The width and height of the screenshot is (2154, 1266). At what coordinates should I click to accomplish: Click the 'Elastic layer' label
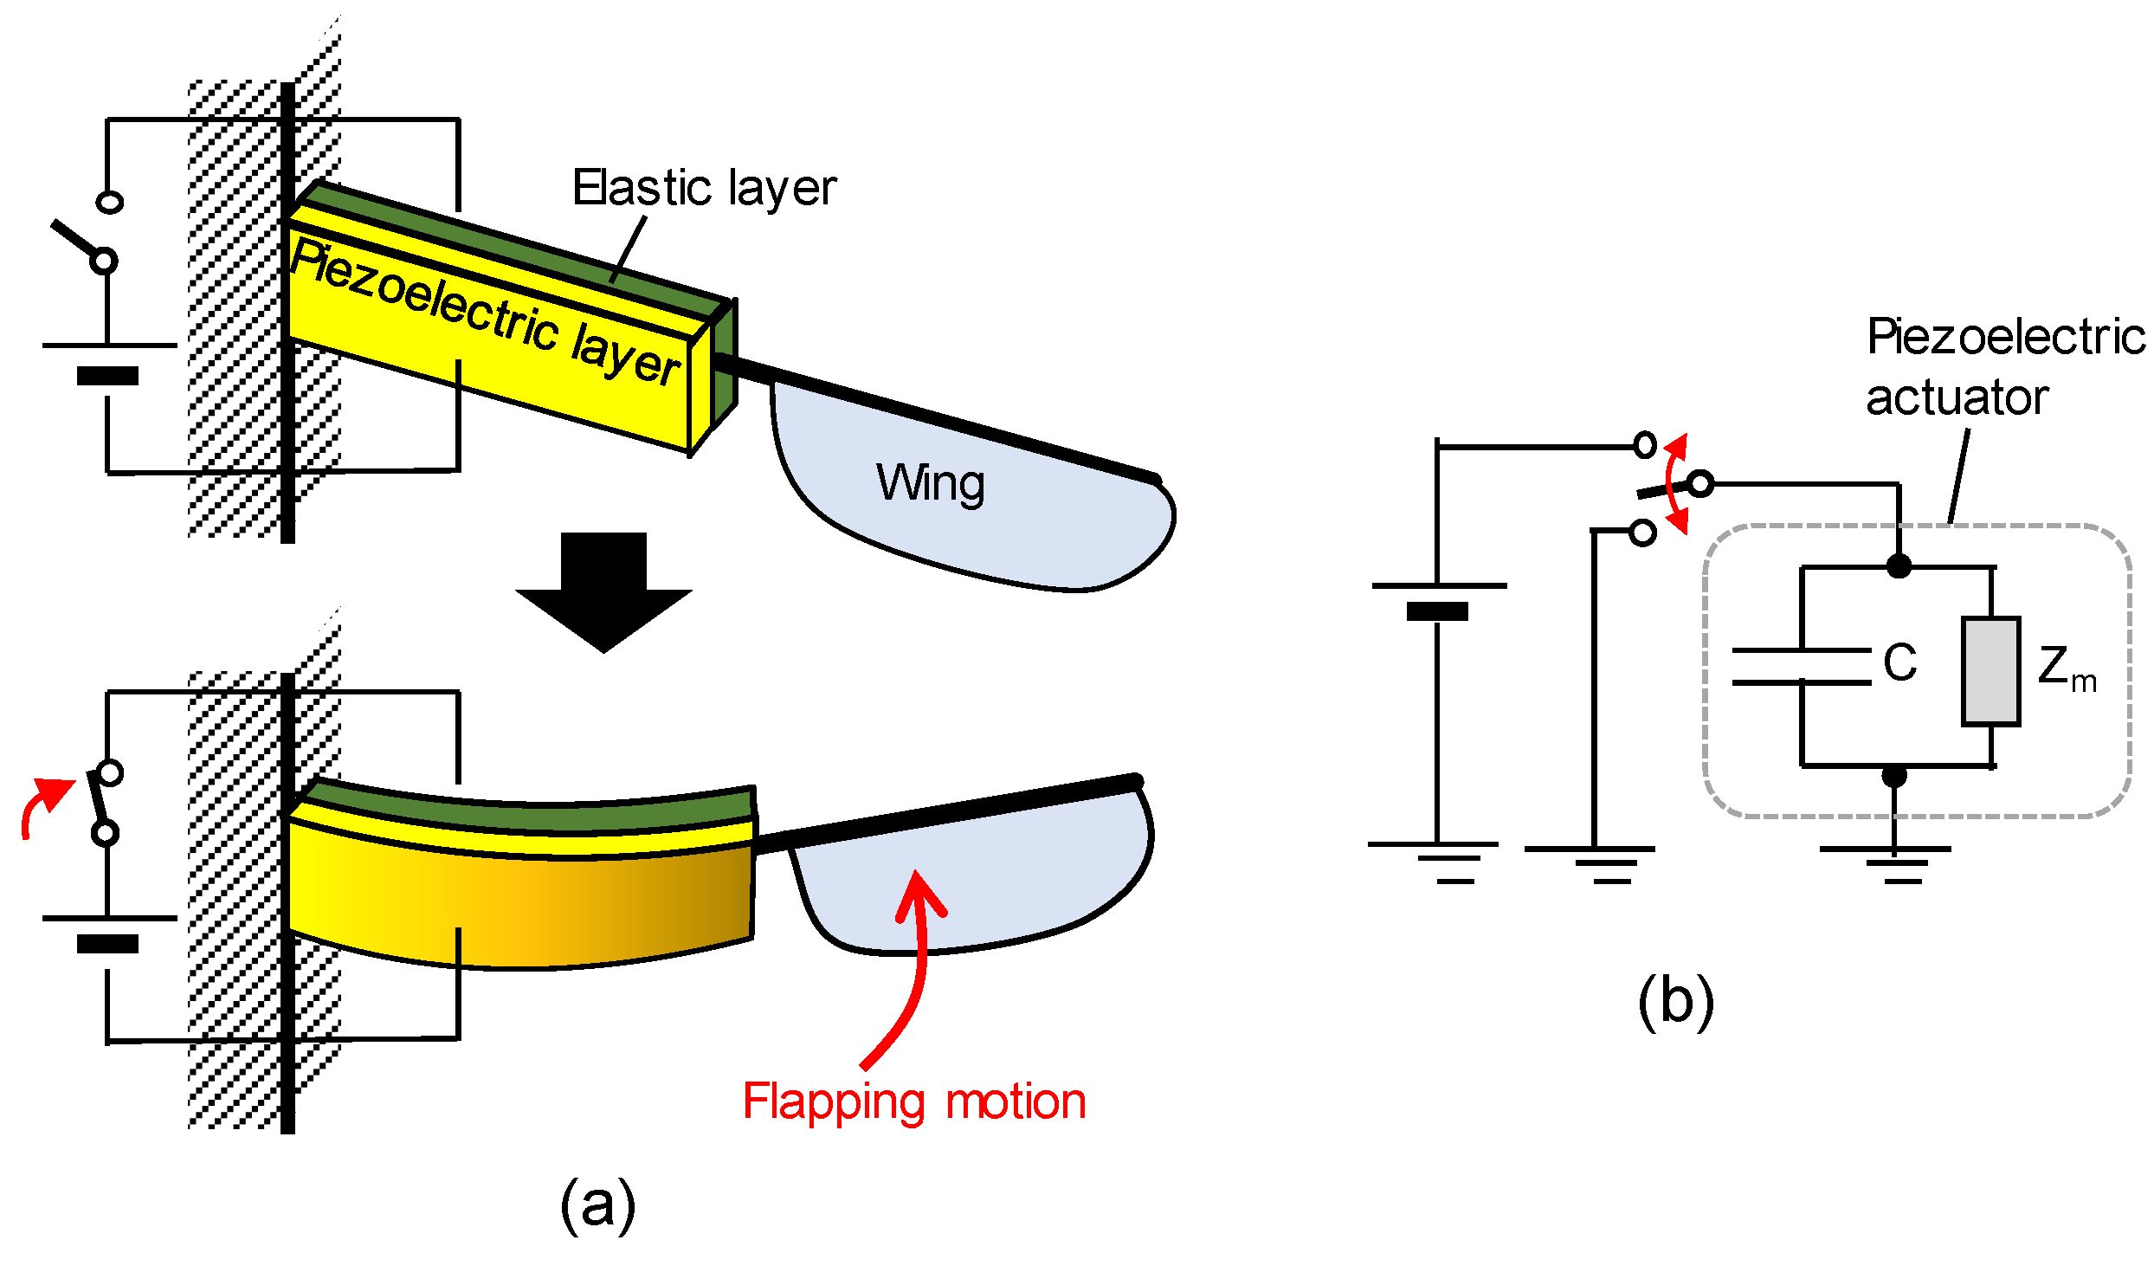[704, 188]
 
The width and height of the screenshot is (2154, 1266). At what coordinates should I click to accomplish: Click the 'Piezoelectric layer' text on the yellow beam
[485, 313]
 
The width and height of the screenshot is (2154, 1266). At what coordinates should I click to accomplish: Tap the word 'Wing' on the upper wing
[930, 482]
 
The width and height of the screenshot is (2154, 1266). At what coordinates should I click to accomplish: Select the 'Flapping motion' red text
[913, 1101]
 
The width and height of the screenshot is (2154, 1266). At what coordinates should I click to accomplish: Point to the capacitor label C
[1899, 663]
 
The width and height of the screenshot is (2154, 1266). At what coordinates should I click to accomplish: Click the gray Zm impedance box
[1990, 671]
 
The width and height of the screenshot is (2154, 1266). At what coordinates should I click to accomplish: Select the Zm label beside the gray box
[2066, 668]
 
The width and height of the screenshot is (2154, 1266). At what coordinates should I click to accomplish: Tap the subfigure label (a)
[597, 1205]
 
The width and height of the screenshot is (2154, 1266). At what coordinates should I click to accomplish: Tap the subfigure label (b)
[1675, 1001]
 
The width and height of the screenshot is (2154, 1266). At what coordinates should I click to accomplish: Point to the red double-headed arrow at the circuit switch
[1677, 484]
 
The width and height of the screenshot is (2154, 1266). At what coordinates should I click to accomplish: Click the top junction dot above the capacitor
[1899, 566]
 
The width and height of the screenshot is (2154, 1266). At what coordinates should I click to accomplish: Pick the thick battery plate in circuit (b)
[1437, 611]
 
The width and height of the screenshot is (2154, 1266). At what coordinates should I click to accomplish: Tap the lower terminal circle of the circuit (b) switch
[1642, 532]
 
